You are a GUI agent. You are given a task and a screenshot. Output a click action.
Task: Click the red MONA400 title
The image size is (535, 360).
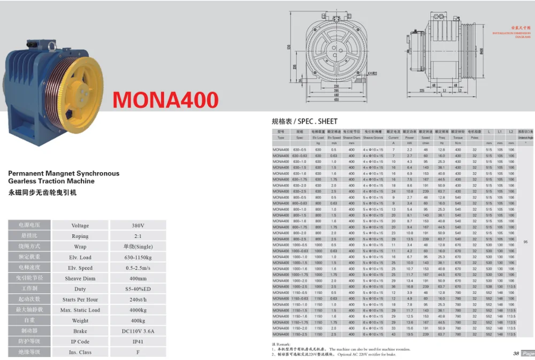(x=165, y=100)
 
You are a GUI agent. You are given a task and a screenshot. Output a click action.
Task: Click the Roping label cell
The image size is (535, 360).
(x=80, y=236)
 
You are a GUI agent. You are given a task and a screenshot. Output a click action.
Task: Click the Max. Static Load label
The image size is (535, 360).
(x=80, y=310)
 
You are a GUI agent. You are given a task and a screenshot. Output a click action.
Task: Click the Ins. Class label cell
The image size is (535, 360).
(x=80, y=353)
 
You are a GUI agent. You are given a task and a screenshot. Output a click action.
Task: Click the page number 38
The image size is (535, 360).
(x=516, y=353)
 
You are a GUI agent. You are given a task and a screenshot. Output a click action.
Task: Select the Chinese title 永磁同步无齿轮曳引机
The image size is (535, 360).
(x=43, y=193)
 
